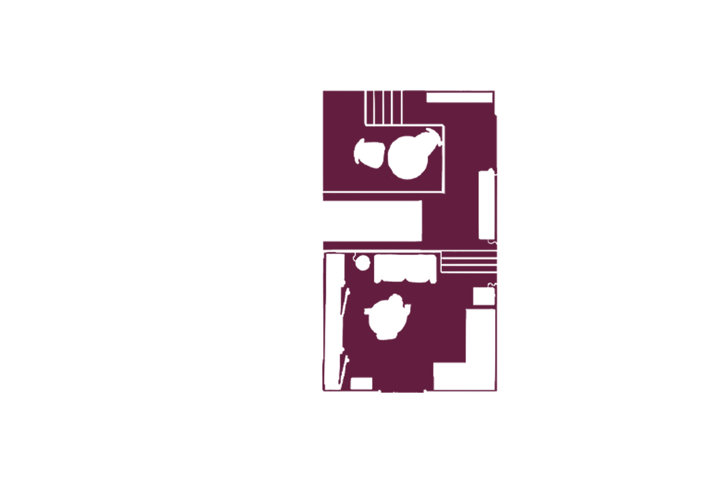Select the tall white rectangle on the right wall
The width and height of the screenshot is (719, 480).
click(487, 205)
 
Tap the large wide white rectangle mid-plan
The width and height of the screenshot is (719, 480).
click(372, 221)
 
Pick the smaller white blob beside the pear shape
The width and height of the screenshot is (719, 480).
click(370, 154)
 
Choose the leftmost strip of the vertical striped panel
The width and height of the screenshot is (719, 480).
click(370, 107)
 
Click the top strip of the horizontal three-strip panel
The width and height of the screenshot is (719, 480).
click(468, 256)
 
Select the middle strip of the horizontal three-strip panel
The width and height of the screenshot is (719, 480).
click(468, 262)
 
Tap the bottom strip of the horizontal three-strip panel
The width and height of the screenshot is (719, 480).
click(468, 269)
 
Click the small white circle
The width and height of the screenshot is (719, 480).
click(362, 263)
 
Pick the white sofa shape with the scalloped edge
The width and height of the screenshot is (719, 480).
click(405, 269)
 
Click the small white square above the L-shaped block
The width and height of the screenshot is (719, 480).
click(483, 296)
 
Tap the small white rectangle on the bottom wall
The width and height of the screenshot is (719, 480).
click(361, 384)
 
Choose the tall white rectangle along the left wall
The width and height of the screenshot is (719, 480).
click(334, 321)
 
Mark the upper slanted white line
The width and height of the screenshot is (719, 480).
click(344, 302)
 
